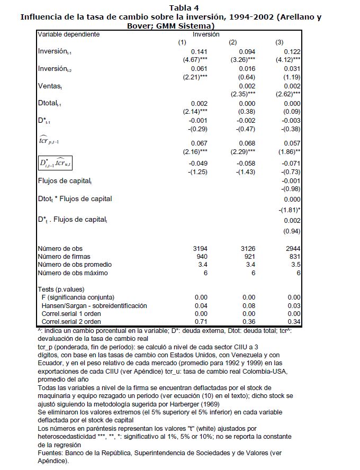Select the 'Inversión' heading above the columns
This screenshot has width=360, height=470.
pos(206,34)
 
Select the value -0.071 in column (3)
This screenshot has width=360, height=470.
pos(292,164)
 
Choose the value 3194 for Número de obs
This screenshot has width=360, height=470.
pos(197,248)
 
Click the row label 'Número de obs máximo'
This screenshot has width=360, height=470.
pos(73,273)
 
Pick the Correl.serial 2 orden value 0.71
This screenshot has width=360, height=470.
pos(199,322)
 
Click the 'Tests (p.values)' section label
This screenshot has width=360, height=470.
pos(61,290)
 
